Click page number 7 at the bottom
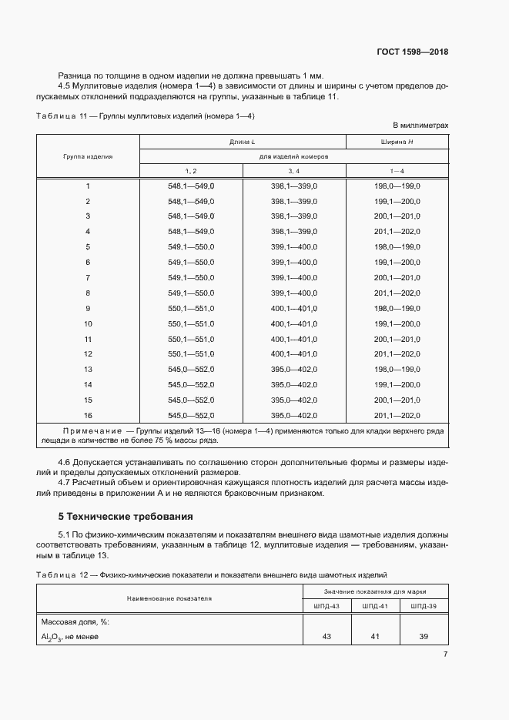tap(445, 655)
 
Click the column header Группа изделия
tap(88, 156)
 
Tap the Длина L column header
tap(242, 142)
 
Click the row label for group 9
tap(88, 308)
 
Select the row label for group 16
tap(88, 415)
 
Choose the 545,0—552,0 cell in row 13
tap(191, 370)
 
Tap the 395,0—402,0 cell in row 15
tap(294, 400)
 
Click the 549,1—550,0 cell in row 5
tap(191, 247)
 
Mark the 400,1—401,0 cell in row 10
tap(294, 323)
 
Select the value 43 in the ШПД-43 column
tap(326, 636)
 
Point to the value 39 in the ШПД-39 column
tap(423, 636)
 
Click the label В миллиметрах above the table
tap(420, 124)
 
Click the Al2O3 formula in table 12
tap(52, 637)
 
